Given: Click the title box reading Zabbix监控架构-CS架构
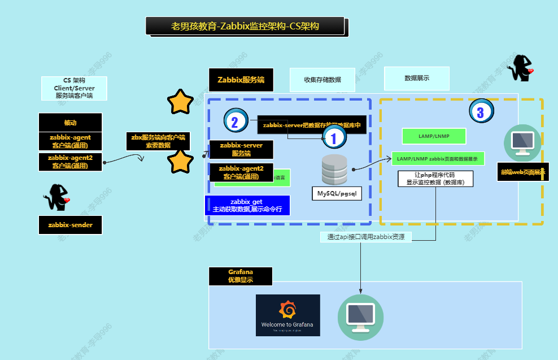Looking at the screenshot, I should (x=245, y=26).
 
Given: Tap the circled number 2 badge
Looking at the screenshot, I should (x=235, y=120).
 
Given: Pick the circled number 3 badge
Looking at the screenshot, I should (x=480, y=111).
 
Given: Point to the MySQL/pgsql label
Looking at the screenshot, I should (x=337, y=193).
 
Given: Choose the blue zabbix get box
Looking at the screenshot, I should (x=247, y=205).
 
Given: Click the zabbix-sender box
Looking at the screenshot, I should (x=70, y=224).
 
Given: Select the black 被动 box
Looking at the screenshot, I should (x=70, y=122).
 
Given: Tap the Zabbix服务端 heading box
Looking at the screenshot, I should (x=241, y=80).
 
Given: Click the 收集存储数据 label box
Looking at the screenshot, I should (x=322, y=80).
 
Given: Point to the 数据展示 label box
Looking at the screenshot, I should (x=417, y=78).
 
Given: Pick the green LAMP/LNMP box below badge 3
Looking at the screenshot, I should (x=434, y=136).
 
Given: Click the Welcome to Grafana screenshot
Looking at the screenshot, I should (x=287, y=315).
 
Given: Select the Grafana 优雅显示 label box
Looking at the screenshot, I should (x=241, y=276).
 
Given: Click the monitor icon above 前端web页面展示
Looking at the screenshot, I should (x=522, y=143).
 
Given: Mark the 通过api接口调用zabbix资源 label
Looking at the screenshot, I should (x=365, y=237).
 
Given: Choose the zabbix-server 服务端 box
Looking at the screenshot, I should (x=241, y=149).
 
